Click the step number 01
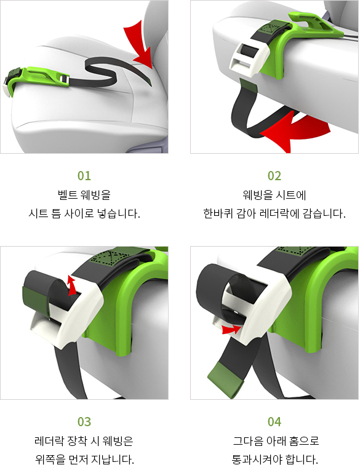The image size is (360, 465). [x=84, y=176]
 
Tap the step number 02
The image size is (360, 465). [x=274, y=176]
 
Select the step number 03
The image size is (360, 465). [x=84, y=421]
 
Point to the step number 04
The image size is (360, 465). [x=274, y=421]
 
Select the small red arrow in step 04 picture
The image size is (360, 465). [x=231, y=330]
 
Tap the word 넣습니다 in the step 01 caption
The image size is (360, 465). [x=118, y=214]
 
